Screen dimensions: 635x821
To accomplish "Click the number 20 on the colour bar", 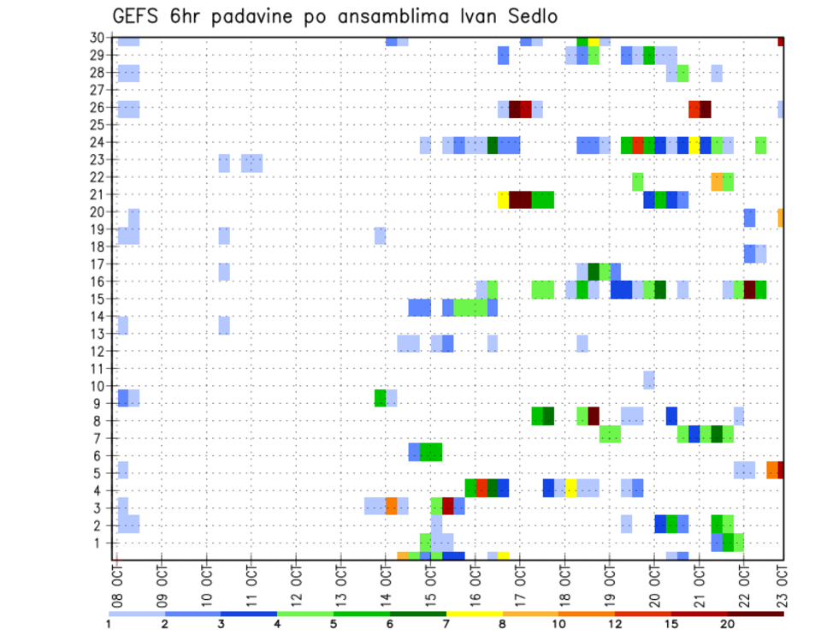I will pos(728,624).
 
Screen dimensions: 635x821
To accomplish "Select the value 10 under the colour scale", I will pos(559,624).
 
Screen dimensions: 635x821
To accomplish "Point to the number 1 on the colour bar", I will pos(109,624).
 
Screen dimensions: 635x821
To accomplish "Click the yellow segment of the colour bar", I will pos(475,614).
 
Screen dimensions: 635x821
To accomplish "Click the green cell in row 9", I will pos(380,398).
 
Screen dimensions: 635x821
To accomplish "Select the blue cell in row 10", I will pos(649,380).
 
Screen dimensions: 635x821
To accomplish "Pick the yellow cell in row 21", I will pos(504,199).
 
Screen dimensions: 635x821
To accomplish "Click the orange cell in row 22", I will pos(717,181).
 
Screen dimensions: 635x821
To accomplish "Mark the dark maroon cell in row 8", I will pos(594,415).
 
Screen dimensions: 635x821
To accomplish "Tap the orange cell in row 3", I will pos(391,506).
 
